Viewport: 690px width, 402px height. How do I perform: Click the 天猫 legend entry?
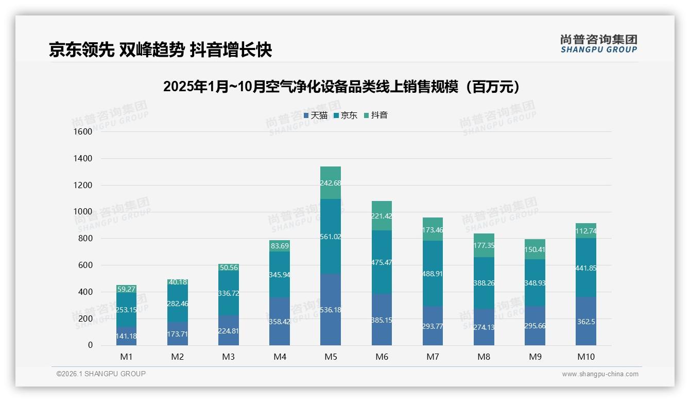[316, 115]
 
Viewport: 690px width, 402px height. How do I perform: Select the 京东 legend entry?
[346, 115]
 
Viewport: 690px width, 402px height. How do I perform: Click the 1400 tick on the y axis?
[82, 158]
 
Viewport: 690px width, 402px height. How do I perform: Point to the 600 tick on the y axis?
[85, 265]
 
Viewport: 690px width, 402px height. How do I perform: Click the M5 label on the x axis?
[331, 357]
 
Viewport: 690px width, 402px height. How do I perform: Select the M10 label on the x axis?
[586, 357]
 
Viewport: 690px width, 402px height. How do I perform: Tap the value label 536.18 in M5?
[331, 310]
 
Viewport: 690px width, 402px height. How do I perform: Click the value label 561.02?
[331, 237]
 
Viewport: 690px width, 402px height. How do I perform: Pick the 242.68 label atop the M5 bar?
[331, 183]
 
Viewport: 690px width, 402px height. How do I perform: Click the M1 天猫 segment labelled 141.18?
[126, 336]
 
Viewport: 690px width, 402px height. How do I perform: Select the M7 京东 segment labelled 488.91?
[433, 274]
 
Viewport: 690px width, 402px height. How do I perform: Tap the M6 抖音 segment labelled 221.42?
[382, 216]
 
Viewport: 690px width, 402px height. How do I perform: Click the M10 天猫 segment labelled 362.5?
[586, 321]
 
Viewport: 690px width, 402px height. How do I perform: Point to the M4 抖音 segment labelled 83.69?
[280, 246]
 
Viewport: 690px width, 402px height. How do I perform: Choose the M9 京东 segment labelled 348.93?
[535, 283]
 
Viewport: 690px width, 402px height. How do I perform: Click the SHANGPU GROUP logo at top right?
[598, 43]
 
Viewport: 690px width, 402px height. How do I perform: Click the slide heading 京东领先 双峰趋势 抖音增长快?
[160, 49]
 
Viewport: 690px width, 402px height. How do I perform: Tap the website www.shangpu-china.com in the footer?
[600, 374]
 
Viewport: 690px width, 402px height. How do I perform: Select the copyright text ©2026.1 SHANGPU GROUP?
[101, 374]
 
